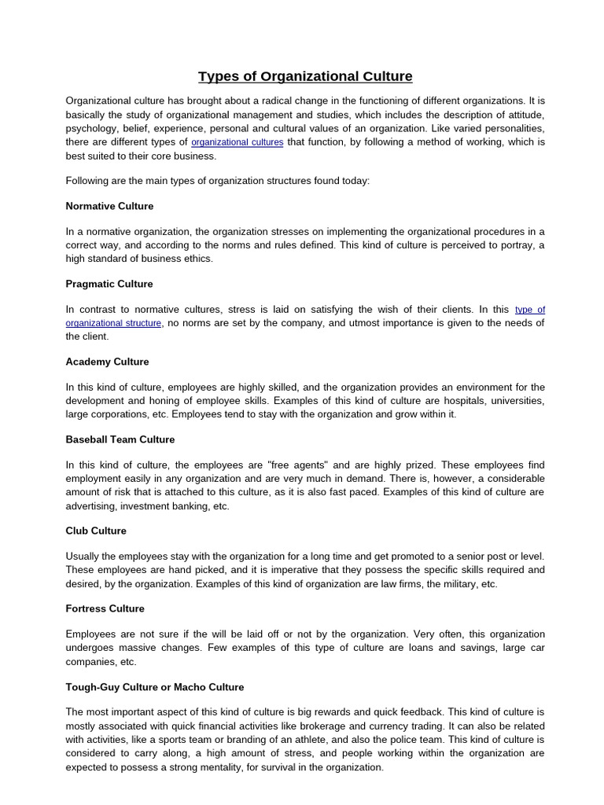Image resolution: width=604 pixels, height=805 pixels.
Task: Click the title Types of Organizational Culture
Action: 305,76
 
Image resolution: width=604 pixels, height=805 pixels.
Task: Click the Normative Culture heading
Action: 109,206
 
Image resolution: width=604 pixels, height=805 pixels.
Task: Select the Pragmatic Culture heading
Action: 109,284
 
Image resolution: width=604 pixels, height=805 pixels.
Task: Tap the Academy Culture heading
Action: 107,362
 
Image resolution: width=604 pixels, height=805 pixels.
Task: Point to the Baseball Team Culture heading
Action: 120,439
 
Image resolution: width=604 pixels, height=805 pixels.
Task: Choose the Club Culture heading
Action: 96,531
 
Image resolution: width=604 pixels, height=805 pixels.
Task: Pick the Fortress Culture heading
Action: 105,608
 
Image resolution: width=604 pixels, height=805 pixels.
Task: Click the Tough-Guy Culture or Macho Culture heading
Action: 155,687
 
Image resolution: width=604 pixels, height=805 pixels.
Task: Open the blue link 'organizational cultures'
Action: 238,142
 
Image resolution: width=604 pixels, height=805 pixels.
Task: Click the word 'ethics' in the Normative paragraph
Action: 197,258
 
